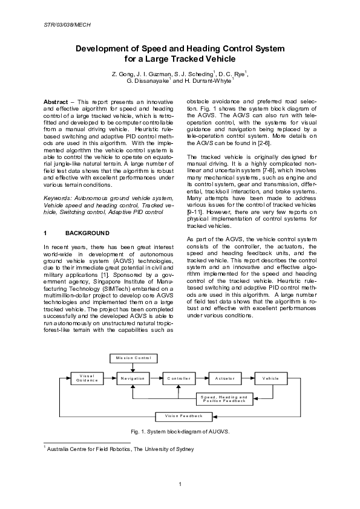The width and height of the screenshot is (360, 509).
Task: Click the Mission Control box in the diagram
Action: [134, 358]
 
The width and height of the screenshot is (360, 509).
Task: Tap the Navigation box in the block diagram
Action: [133, 378]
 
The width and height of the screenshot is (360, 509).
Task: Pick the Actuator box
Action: [224, 378]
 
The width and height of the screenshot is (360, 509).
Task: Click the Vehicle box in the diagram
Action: [270, 378]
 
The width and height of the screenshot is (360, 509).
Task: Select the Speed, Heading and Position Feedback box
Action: [224, 399]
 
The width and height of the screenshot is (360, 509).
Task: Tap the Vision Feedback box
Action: [175, 416]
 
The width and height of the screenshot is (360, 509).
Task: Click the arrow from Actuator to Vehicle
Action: [247, 378]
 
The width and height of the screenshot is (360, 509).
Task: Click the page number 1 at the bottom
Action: [180, 484]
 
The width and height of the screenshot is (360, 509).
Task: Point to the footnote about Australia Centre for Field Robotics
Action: [119, 449]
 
